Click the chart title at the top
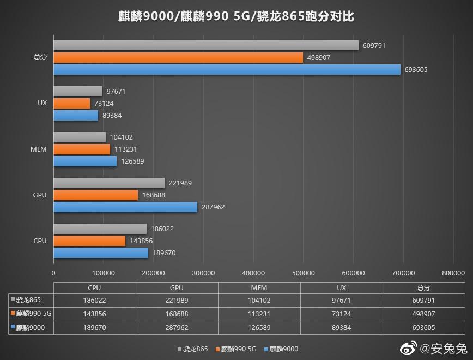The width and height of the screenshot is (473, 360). point(236,16)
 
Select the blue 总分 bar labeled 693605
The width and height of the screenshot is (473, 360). point(227,69)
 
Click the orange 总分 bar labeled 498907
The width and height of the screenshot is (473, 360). point(178,57)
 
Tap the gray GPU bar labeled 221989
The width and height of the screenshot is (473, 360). point(109,183)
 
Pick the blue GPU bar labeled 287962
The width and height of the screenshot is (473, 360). point(125,207)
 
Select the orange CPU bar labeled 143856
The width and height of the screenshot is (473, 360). point(89,241)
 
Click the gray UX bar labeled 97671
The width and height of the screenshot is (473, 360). point(78,91)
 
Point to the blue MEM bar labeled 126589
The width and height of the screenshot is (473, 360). point(85,161)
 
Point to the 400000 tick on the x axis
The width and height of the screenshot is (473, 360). point(253,273)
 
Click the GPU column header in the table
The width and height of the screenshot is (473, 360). point(177,287)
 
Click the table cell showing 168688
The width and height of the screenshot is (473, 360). point(177,314)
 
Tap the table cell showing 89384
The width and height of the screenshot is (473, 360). point(341,327)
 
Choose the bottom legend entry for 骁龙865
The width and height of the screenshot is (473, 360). point(192,349)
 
